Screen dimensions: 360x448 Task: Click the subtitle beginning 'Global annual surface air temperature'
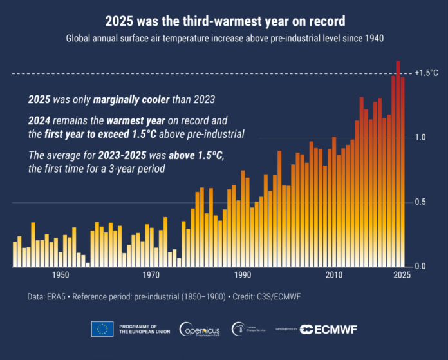[224, 39]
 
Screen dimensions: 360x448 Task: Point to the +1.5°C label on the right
[426, 73]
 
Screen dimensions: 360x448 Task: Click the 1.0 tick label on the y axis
[419, 137]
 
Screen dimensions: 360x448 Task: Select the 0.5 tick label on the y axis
[419, 202]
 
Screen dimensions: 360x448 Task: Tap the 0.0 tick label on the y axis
[419, 266]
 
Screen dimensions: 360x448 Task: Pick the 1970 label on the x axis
[151, 276]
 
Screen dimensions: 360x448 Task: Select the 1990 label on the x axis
[243, 276]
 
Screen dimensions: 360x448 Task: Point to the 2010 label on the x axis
[333, 276]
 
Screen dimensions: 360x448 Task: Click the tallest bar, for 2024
[398, 161]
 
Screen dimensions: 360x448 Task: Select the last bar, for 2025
[403, 171]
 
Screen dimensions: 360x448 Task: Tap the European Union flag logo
[102, 329]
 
